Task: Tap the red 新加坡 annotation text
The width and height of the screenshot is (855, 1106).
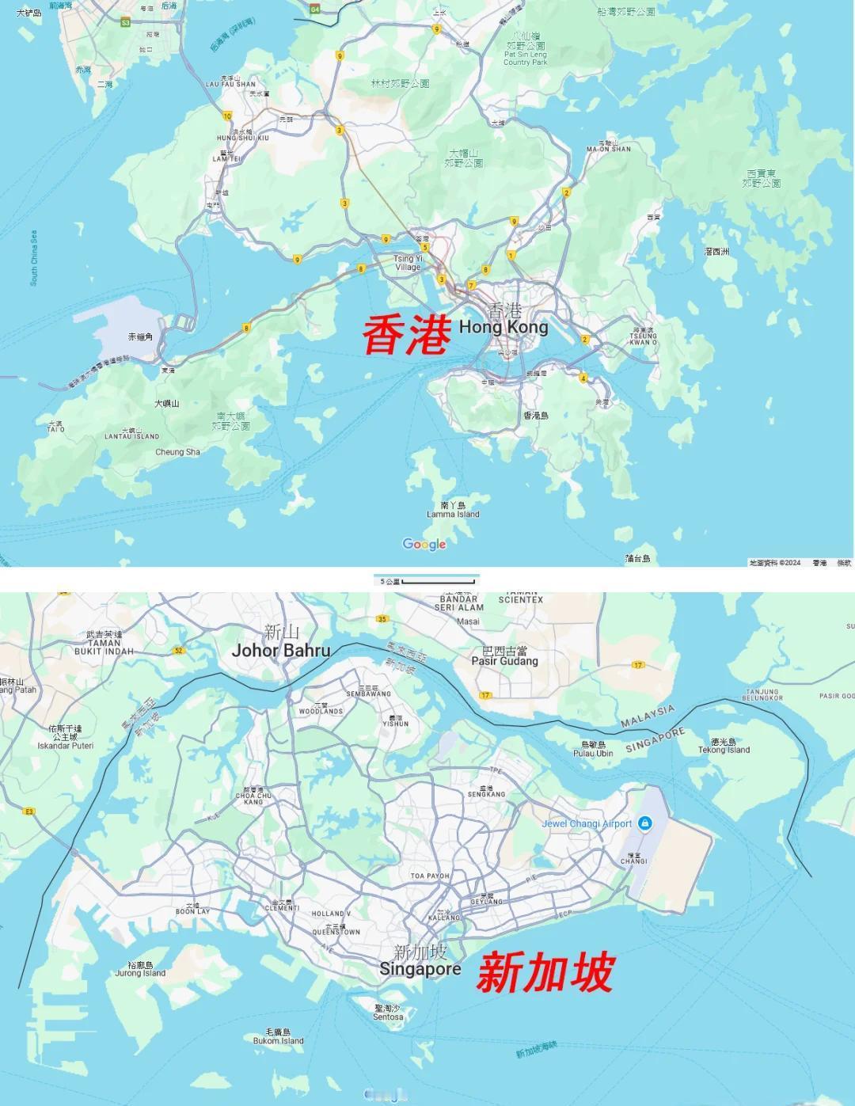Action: pyautogui.click(x=545, y=973)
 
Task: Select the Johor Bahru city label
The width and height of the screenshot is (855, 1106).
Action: pyautogui.click(x=281, y=650)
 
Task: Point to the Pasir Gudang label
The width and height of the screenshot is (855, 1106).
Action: pyautogui.click(x=504, y=660)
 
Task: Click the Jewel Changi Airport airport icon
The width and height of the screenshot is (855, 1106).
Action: pyautogui.click(x=645, y=823)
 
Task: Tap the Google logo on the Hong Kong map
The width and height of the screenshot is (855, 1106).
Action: pyautogui.click(x=424, y=544)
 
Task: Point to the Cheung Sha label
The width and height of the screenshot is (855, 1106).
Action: pyautogui.click(x=177, y=452)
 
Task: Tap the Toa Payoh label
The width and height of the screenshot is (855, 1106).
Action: pyautogui.click(x=430, y=876)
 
